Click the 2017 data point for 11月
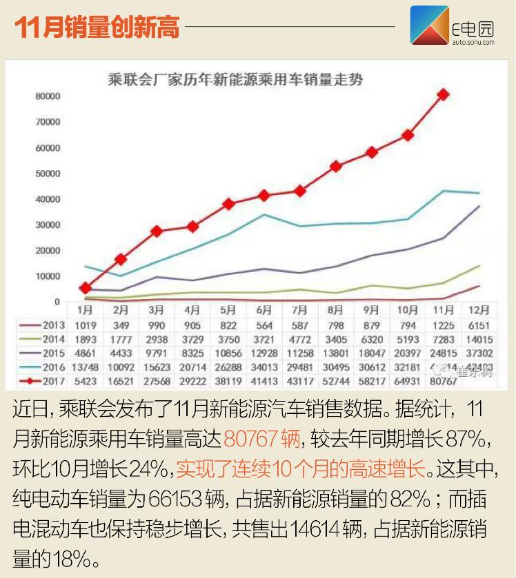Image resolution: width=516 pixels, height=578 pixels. [x=444, y=94]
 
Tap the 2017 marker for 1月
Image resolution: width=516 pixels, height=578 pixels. [x=86, y=288]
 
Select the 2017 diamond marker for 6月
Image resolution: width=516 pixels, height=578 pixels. [x=264, y=196]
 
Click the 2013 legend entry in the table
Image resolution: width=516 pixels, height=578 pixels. [x=50, y=324]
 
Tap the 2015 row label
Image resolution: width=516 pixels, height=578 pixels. [x=50, y=353]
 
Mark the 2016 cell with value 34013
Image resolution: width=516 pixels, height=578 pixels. [x=264, y=367]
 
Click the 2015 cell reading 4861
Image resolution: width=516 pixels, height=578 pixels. [x=86, y=353]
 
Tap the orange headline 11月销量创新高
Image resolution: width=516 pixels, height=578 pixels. [x=97, y=28]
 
